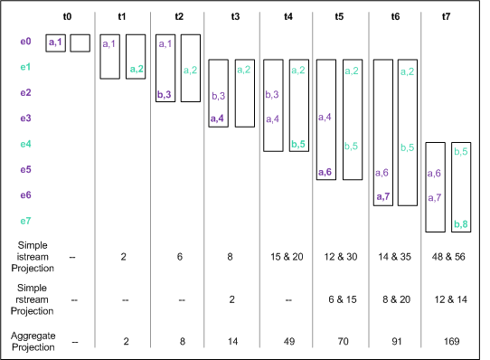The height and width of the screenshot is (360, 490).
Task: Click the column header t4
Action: coord(287,16)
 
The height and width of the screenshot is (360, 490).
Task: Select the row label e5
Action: coord(25,169)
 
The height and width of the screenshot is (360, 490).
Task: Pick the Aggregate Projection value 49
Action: coord(288,342)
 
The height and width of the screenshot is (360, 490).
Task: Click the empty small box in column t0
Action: coord(80,43)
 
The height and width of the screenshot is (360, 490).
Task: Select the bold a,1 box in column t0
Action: coord(55,43)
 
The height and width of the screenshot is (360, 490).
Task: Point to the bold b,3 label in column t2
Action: coord(165,94)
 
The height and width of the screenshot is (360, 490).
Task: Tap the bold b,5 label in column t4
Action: coord(299,144)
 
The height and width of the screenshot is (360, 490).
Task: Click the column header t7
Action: coord(448,16)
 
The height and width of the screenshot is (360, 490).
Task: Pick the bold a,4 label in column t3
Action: coord(218,118)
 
